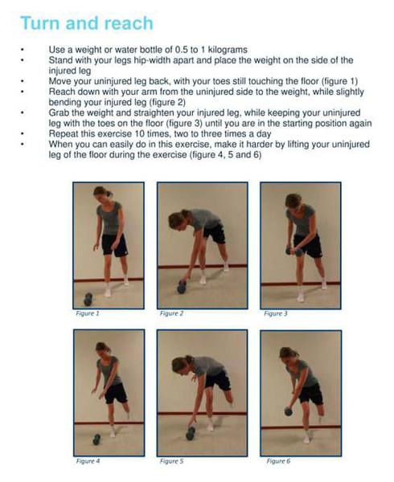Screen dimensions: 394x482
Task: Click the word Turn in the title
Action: [x=40, y=23]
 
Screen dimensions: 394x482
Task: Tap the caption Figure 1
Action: [x=88, y=313]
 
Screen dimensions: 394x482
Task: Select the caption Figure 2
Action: [x=171, y=313]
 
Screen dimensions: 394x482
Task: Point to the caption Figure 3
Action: [x=276, y=313]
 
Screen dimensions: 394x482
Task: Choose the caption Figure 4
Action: [x=88, y=461]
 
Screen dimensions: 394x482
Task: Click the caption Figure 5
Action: [x=171, y=461]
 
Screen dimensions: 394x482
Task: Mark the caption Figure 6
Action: [x=278, y=461]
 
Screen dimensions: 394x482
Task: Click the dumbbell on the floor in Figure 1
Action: [x=88, y=299]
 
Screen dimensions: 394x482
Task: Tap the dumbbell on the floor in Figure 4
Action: [x=96, y=439]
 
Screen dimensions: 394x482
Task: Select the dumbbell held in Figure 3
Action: [x=293, y=251]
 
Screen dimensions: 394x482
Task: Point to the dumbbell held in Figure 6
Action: [x=288, y=411]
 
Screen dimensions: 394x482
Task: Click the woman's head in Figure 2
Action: [x=178, y=219]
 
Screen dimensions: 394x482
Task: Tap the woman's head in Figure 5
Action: [x=181, y=365]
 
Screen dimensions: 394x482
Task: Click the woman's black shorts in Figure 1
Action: [x=114, y=245]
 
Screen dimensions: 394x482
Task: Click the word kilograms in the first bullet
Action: [x=228, y=50]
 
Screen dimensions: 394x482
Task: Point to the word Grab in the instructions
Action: [x=59, y=112]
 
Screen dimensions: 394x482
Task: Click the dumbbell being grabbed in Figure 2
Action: [x=182, y=287]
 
